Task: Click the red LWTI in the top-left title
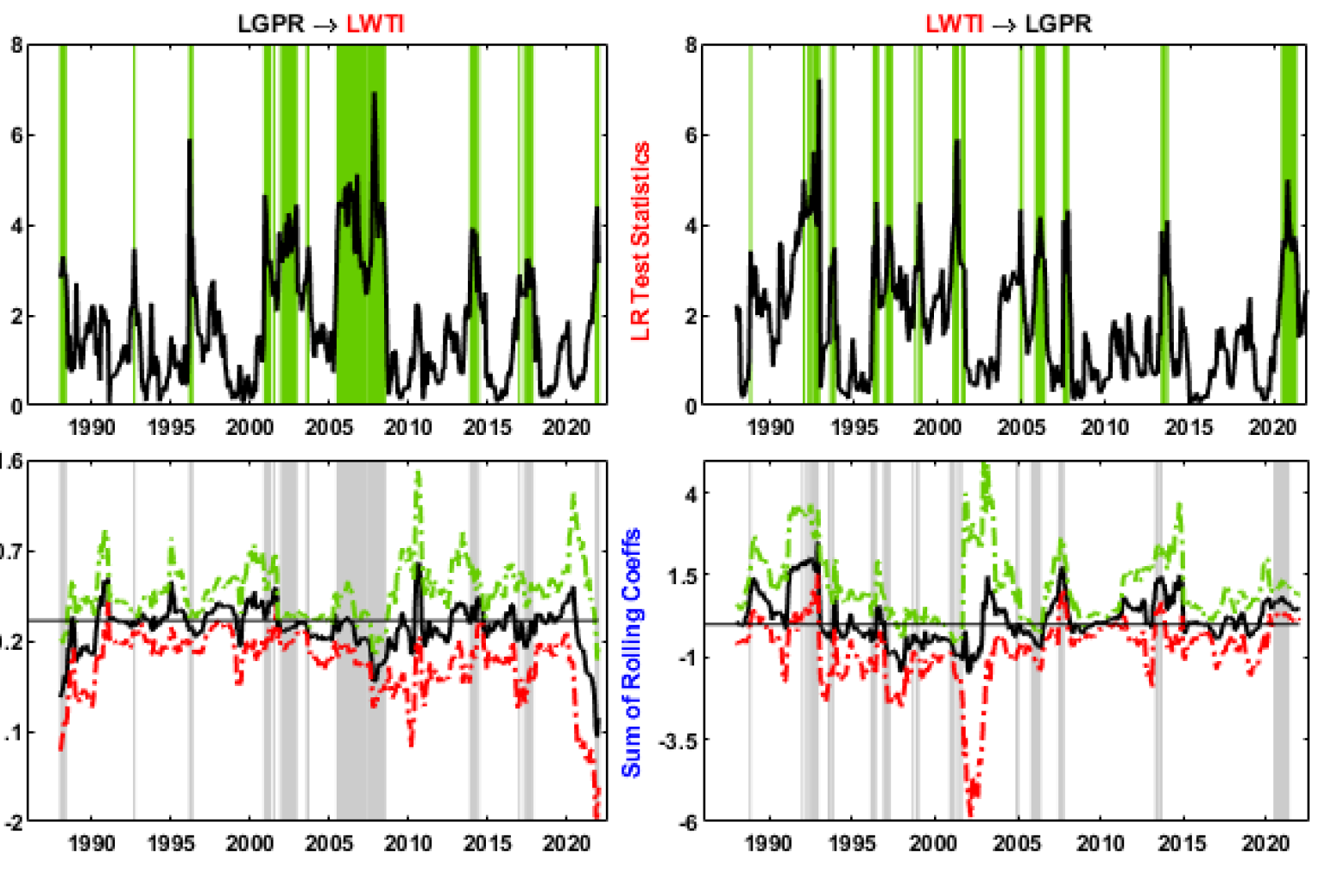click(375, 23)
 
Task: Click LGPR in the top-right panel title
click(1057, 23)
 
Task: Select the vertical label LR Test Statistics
click(640, 241)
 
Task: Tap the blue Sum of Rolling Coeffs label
click(631, 652)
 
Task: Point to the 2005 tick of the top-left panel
click(329, 426)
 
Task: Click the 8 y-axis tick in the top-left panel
click(16, 45)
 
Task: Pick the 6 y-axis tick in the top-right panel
click(691, 135)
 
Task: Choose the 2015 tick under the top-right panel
click(1188, 426)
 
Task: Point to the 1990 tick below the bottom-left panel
click(91, 843)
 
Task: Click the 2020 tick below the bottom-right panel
click(1265, 843)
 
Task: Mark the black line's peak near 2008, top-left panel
click(375, 93)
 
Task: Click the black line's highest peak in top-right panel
click(818, 81)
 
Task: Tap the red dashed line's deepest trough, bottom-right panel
click(970, 811)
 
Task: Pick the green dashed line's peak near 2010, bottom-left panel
click(419, 473)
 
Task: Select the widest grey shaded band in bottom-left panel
click(360, 639)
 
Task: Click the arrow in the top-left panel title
click(325, 24)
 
